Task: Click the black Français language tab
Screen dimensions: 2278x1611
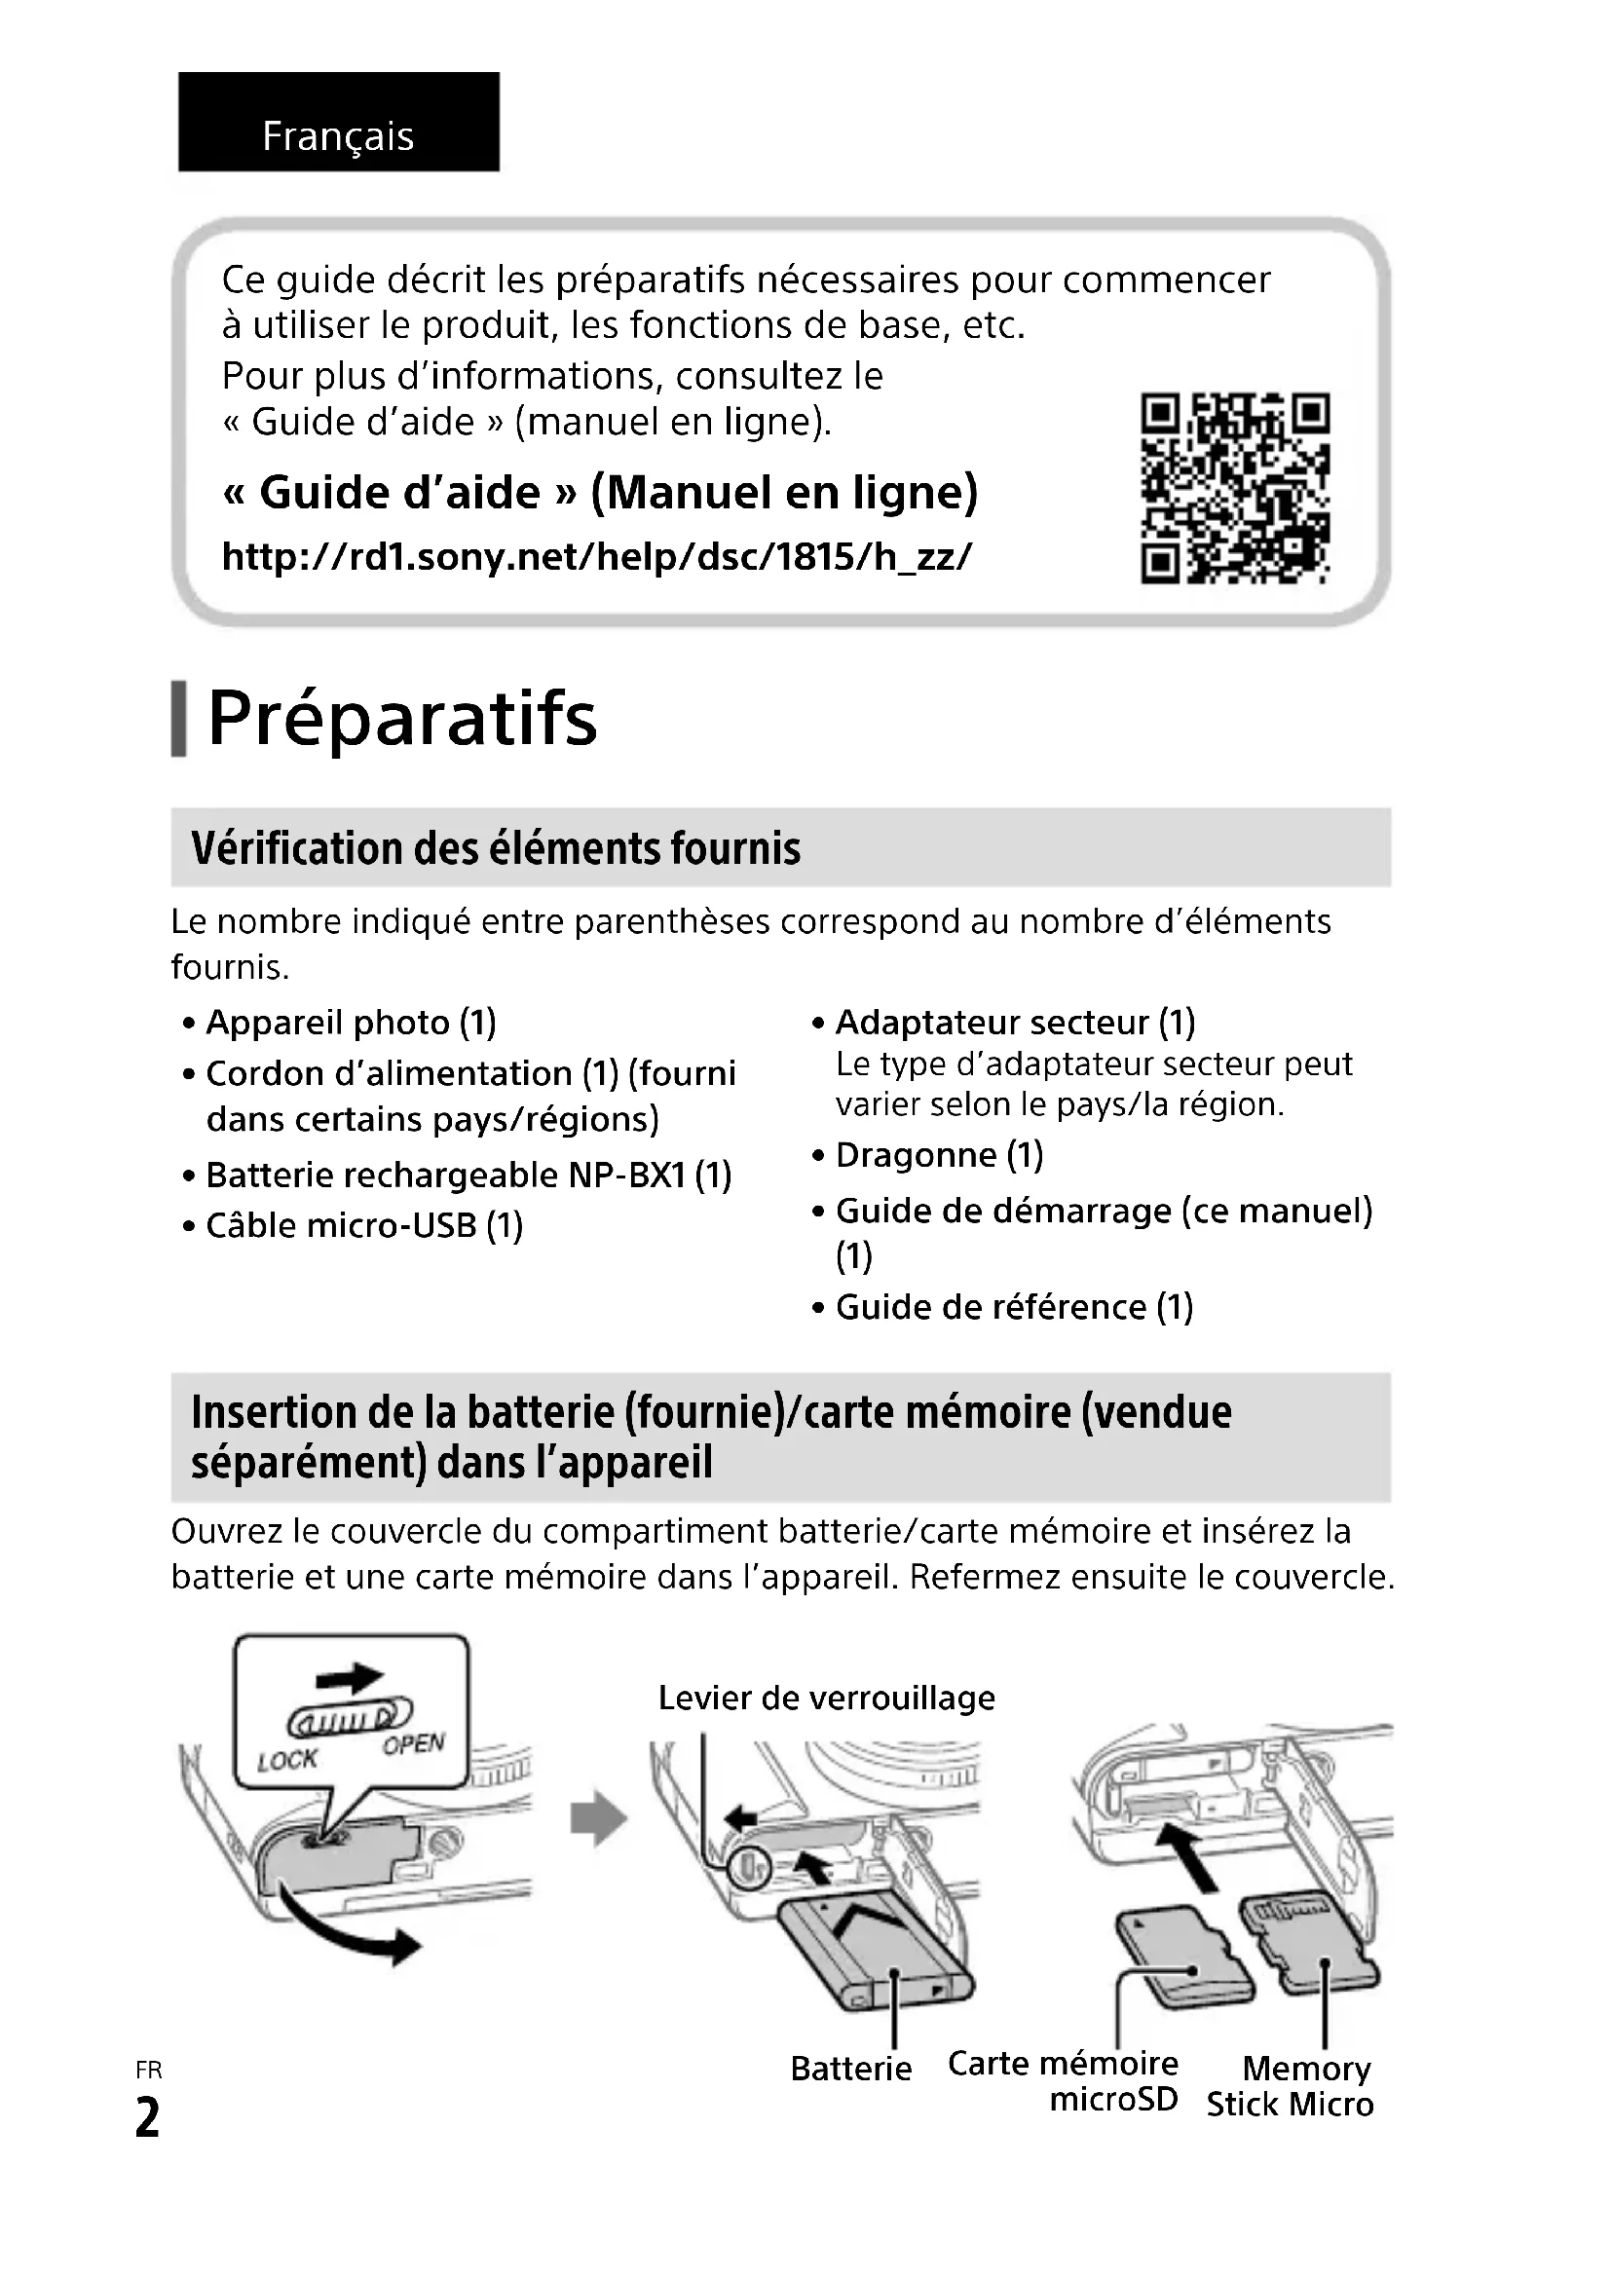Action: [x=338, y=122]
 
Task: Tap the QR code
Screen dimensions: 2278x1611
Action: [x=1234, y=488]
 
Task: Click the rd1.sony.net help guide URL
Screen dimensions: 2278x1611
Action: [x=596, y=557]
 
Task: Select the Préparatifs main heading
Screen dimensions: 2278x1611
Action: [x=401, y=719]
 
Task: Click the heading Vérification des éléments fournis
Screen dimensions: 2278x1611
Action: [x=495, y=848]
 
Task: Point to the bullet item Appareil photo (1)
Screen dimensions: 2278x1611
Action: [x=351, y=1022]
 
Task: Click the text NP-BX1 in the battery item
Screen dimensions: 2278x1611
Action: [x=627, y=1175]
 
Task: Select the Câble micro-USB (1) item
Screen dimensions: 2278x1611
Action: [x=363, y=1225]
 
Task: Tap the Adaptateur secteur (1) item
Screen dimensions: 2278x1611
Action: [x=1015, y=1022]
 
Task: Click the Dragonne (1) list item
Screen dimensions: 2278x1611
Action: [x=938, y=1155]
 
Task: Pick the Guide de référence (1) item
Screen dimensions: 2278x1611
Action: [x=1014, y=1307]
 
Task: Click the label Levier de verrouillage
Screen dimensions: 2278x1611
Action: [x=826, y=1698]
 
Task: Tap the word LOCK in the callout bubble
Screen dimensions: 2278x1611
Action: [x=286, y=1760]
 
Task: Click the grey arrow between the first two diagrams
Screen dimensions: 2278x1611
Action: [x=599, y=1818]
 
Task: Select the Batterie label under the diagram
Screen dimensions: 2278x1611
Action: [x=851, y=2069]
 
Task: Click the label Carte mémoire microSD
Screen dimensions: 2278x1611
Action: [x=1064, y=2079]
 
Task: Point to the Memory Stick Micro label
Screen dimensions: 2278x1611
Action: [x=1292, y=2085]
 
